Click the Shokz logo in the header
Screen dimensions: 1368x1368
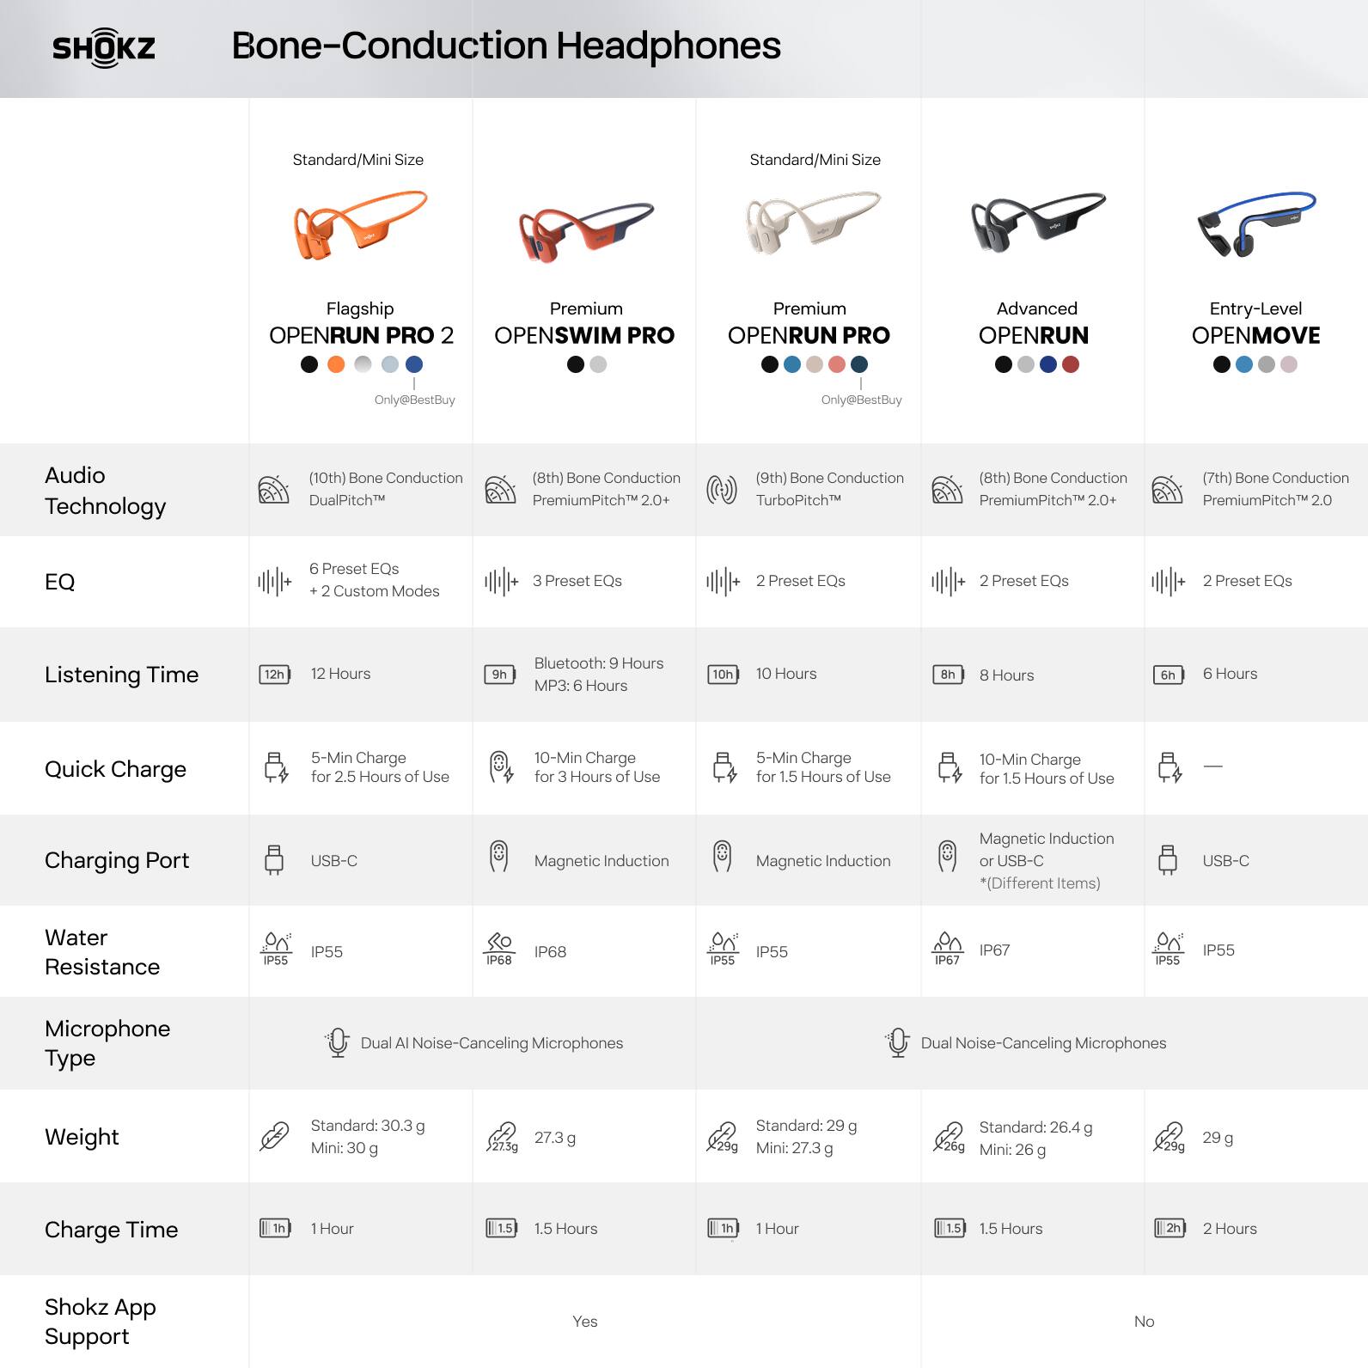[104, 47]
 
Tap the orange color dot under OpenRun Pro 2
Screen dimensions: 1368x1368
[336, 364]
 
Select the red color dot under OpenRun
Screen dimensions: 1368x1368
[1070, 364]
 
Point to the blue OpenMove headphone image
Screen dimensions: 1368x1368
[1255, 223]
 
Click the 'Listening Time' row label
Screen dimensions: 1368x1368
[121, 675]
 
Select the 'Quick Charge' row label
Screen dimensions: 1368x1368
[115, 769]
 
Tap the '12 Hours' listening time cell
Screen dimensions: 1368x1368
[340, 674]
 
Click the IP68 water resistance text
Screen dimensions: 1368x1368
[550, 951]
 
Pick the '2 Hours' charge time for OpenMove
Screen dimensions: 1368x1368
[1229, 1229]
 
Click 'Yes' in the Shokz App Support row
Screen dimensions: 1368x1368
[584, 1322]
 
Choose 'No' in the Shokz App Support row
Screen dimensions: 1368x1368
[1144, 1322]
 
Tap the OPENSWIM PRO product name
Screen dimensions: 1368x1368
[584, 335]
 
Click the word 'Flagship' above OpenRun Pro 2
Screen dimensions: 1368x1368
[360, 308]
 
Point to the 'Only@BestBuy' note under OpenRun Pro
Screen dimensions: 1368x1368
[861, 400]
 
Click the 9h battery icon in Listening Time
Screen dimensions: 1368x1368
[499, 675]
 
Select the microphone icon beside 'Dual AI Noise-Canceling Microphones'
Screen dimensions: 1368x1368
[338, 1042]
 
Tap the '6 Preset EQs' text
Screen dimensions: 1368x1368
[354, 569]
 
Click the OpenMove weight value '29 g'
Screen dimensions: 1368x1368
[1218, 1138]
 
